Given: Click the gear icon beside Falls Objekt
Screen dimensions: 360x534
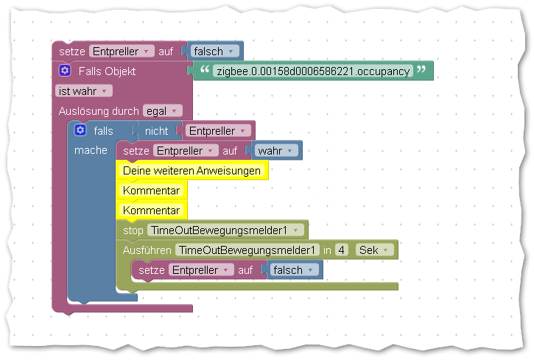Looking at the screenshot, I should click(65, 71).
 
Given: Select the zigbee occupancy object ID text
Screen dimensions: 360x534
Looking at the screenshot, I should click(312, 71).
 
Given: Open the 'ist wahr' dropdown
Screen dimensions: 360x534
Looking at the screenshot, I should click(83, 91).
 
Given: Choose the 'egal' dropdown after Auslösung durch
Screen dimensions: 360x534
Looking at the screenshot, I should click(162, 110).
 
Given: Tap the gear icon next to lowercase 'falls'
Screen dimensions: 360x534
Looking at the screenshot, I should click(81, 130).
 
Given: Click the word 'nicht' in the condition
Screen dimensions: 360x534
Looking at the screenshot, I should click(157, 130).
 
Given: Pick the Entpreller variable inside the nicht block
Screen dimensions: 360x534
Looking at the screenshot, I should click(217, 130).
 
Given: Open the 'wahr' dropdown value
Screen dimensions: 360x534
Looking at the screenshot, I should click(276, 150).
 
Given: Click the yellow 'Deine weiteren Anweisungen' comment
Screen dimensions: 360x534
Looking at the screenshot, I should click(192, 171).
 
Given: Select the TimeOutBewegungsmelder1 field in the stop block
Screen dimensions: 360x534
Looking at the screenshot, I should click(227, 230).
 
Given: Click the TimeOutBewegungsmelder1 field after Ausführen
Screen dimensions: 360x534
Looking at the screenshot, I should click(248, 250).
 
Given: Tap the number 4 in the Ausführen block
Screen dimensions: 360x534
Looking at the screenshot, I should click(341, 250).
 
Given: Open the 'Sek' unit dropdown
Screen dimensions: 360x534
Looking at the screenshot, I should click(374, 250).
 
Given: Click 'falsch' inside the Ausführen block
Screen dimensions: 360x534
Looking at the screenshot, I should click(292, 269).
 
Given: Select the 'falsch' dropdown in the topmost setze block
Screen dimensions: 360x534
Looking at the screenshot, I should click(214, 51).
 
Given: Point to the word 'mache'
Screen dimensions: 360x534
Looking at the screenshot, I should click(91, 150).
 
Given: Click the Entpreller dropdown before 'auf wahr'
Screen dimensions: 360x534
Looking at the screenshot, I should click(185, 150).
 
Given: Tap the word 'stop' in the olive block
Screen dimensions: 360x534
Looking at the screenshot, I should click(133, 230).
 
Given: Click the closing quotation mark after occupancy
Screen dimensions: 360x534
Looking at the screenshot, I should click(421, 71).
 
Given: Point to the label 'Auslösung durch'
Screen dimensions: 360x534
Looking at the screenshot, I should click(99, 110).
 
